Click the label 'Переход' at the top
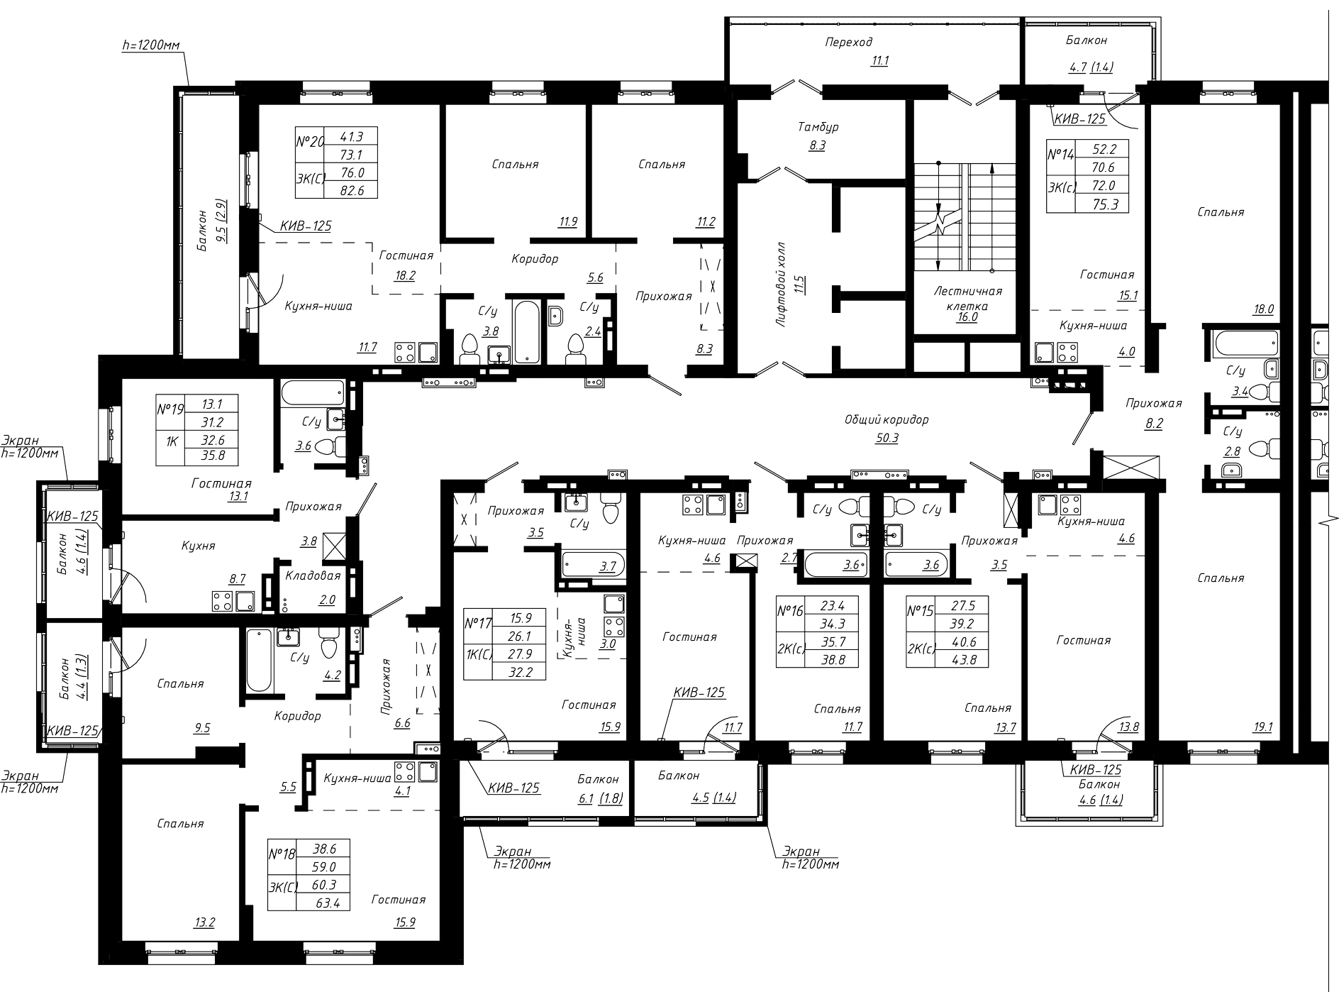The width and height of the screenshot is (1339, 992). tap(848, 42)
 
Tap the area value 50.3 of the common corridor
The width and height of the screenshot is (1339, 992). tap(887, 438)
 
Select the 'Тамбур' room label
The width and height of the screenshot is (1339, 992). tap(818, 127)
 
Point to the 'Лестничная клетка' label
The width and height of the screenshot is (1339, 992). tap(967, 298)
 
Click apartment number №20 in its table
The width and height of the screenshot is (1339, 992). tap(309, 142)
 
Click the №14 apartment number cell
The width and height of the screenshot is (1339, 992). tap(1061, 154)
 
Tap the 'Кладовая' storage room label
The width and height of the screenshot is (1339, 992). tap(313, 575)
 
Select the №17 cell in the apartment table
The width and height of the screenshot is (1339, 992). tap(478, 624)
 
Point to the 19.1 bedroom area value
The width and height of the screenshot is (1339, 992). tap(1264, 727)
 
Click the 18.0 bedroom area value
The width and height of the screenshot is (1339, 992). tap(1264, 309)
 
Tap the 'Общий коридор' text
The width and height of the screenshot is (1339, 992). tap(887, 419)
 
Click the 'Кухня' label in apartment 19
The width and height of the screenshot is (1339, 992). tap(198, 546)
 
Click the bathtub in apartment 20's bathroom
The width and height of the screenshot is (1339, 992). tap(526, 332)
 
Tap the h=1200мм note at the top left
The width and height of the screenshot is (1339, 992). tap(151, 45)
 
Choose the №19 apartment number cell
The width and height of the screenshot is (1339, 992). tap(170, 410)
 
